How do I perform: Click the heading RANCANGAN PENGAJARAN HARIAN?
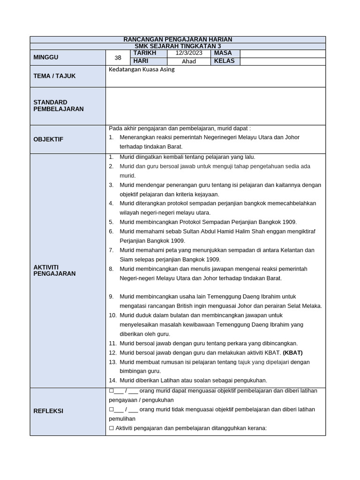tap(177, 39)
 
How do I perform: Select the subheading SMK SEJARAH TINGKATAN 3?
tap(177, 46)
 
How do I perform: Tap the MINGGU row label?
tap(46, 57)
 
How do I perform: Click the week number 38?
tap(118, 58)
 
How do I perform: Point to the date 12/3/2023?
tap(188, 53)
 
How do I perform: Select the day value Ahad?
tap(188, 61)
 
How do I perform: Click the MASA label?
tap(223, 53)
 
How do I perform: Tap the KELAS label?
tap(224, 61)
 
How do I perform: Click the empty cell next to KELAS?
tap(282, 61)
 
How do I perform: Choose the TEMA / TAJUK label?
tap(54, 76)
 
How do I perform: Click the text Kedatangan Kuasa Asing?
tap(142, 69)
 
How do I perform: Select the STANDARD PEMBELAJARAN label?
tap(59, 105)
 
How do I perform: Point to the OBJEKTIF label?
tap(48, 139)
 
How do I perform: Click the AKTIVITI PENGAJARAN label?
tap(54, 270)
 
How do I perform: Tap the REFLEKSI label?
tap(48, 411)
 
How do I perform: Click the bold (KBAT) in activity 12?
tap(292, 352)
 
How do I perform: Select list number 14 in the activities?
tap(112, 380)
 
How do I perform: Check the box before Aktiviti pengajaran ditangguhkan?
tap(111, 427)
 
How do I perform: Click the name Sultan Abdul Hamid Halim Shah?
tap(194, 231)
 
